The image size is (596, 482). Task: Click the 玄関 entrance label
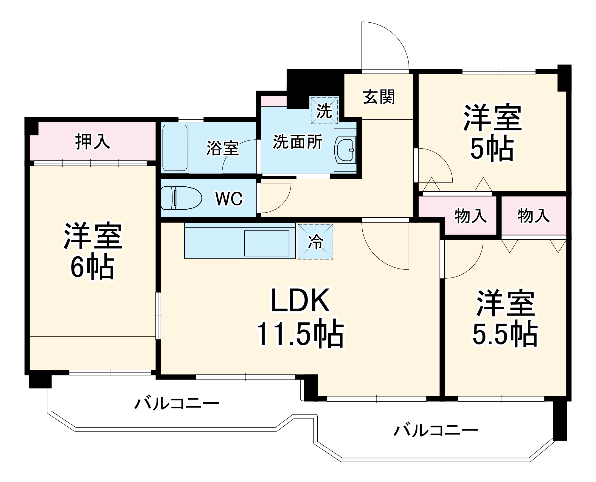pos(379,97)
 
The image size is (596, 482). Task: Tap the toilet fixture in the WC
pos(181,198)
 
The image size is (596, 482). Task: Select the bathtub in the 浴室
pos(175,148)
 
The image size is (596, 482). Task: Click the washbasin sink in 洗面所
pos(346,150)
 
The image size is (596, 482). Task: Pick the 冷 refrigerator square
pos(315,241)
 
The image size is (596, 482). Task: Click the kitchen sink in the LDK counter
pos(267,243)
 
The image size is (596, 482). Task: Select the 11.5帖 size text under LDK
pos(300,334)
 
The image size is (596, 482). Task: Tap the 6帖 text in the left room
pos(92,266)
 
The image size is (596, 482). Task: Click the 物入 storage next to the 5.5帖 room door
pos(470,216)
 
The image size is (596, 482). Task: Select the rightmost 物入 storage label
pos(533,216)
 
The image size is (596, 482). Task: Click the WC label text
pos(229,199)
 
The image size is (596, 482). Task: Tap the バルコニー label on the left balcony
pos(177,404)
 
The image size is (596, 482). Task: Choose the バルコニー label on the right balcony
pos(436,430)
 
